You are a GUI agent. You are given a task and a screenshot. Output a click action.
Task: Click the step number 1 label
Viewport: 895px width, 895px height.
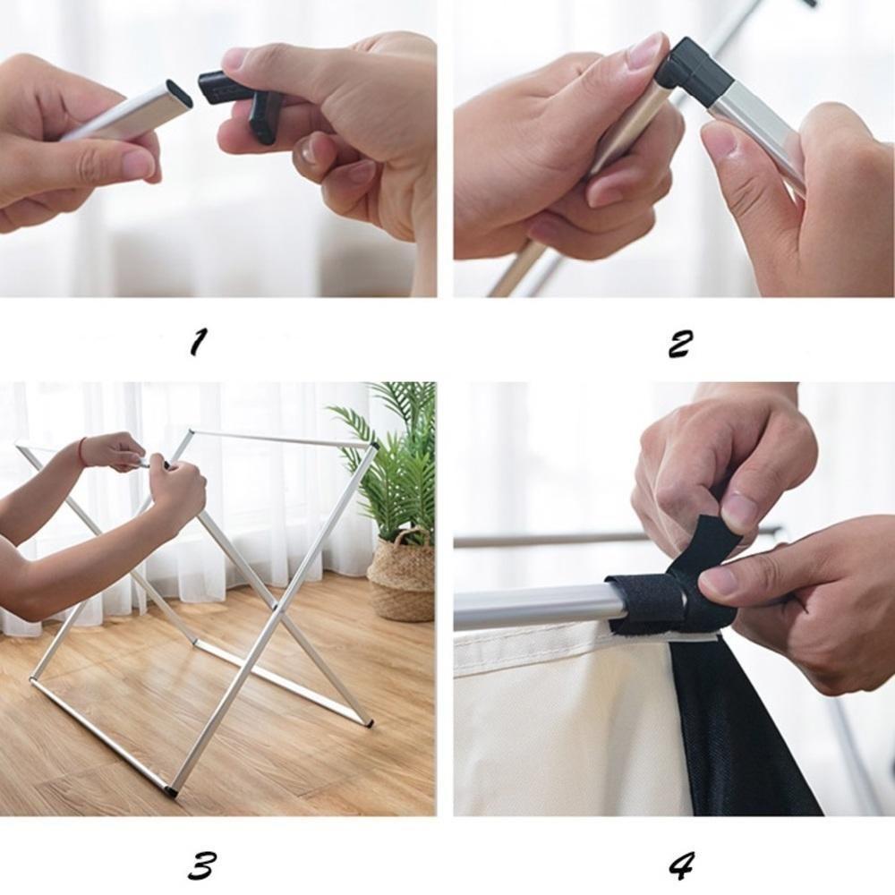pos(199,341)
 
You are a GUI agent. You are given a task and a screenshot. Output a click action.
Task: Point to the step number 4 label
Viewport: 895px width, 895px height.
pos(682,865)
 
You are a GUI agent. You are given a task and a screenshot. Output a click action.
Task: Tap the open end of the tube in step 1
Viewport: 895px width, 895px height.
pos(181,93)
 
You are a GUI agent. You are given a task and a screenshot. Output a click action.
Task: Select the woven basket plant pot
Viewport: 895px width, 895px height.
pos(401,577)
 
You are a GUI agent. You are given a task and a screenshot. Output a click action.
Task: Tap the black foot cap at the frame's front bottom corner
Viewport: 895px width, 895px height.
pos(173,791)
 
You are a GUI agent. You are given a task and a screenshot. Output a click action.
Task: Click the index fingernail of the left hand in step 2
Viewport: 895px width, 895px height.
pos(646,51)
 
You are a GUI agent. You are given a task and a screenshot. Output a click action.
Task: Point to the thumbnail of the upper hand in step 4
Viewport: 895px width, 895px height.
pos(739,512)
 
